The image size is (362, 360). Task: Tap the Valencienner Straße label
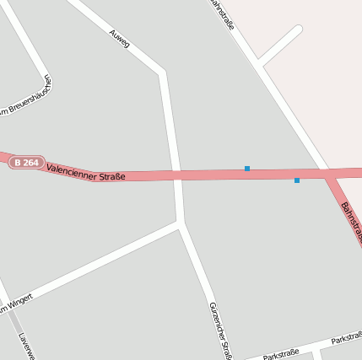(86, 172)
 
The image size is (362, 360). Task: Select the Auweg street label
(119, 38)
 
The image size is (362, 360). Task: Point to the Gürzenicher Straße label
(220, 330)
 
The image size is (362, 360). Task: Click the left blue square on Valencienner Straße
(247, 169)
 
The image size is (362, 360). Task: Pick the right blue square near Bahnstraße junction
(297, 180)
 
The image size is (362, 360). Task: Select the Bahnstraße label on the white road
(222, 15)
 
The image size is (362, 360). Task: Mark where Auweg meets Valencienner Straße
(176, 175)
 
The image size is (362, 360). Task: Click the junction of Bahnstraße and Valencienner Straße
(327, 173)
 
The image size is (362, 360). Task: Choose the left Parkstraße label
(282, 355)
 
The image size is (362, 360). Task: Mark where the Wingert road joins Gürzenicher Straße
(180, 224)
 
